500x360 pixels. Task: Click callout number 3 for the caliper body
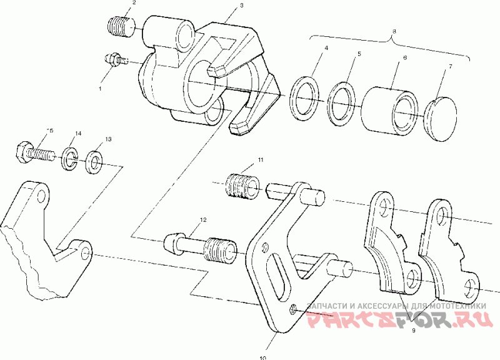pos(241,5)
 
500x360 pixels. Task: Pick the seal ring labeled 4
pos(304,98)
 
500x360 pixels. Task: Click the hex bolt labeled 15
pos(32,152)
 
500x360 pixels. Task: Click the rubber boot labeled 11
pos(242,186)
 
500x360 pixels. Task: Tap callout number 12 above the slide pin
pos(202,220)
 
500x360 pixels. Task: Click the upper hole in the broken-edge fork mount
pos(41,198)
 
